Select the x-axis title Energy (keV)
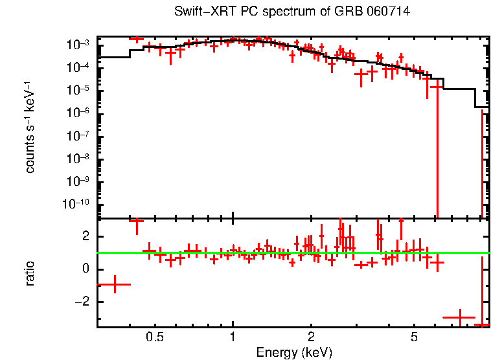coord(294,352)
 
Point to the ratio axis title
coord(30,273)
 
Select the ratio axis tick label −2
coord(81,302)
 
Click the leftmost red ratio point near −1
coord(114,284)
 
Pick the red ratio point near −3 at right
coord(459,318)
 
